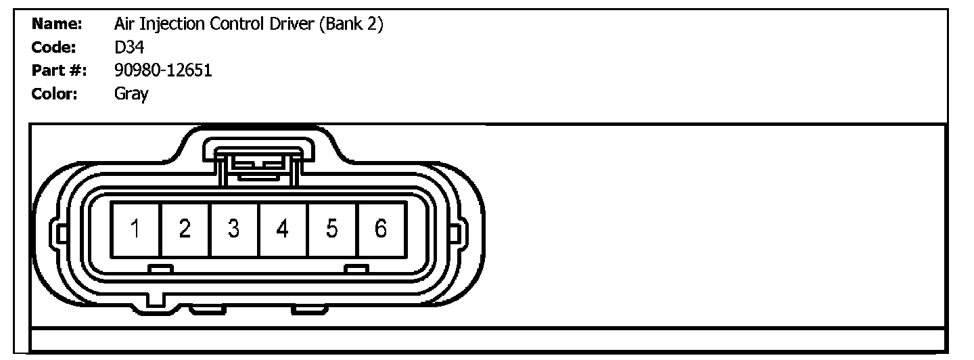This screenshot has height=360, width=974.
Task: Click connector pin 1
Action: pyautogui.click(x=136, y=229)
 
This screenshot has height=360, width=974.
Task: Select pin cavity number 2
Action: pyautogui.click(x=185, y=229)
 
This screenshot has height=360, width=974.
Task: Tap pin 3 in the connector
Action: pyautogui.click(x=233, y=229)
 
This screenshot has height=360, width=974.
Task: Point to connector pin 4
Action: pyautogui.click(x=283, y=229)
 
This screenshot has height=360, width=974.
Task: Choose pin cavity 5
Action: pyautogui.click(x=331, y=229)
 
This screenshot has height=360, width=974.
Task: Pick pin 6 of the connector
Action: pyautogui.click(x=380, y=229)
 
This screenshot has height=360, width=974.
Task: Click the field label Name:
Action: pyautogui.click(x=57, y=25)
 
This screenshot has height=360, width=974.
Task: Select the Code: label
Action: pyautogui.click(x=53, y=48)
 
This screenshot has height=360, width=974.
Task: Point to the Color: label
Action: pyautogui.click(x=55, y=93)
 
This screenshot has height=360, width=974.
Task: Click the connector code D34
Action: pyautogui.click(x=129, y=48)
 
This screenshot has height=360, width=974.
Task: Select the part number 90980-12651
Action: pyautogui.click(x=163, y=70)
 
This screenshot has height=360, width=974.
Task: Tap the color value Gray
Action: pyautogui.click(x=131, y=94)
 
